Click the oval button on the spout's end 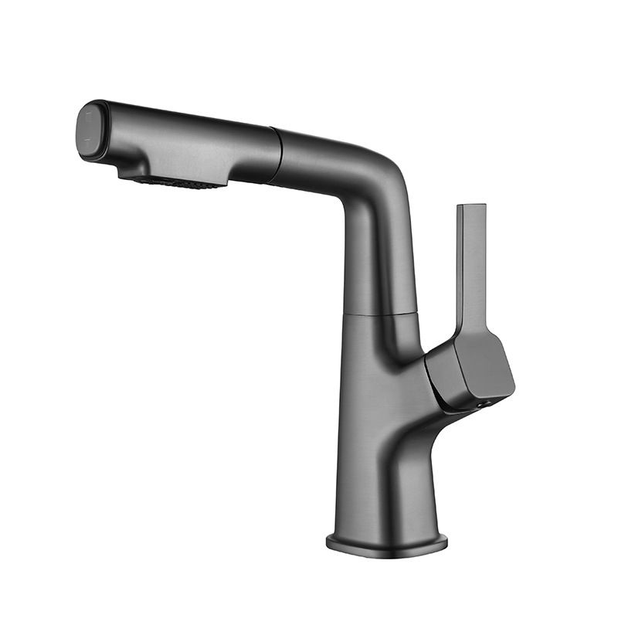(x=91, y=132)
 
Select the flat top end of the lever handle (x=471, y=206)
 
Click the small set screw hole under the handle (x=485, y=403)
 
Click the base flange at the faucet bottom (x=386, y=542)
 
